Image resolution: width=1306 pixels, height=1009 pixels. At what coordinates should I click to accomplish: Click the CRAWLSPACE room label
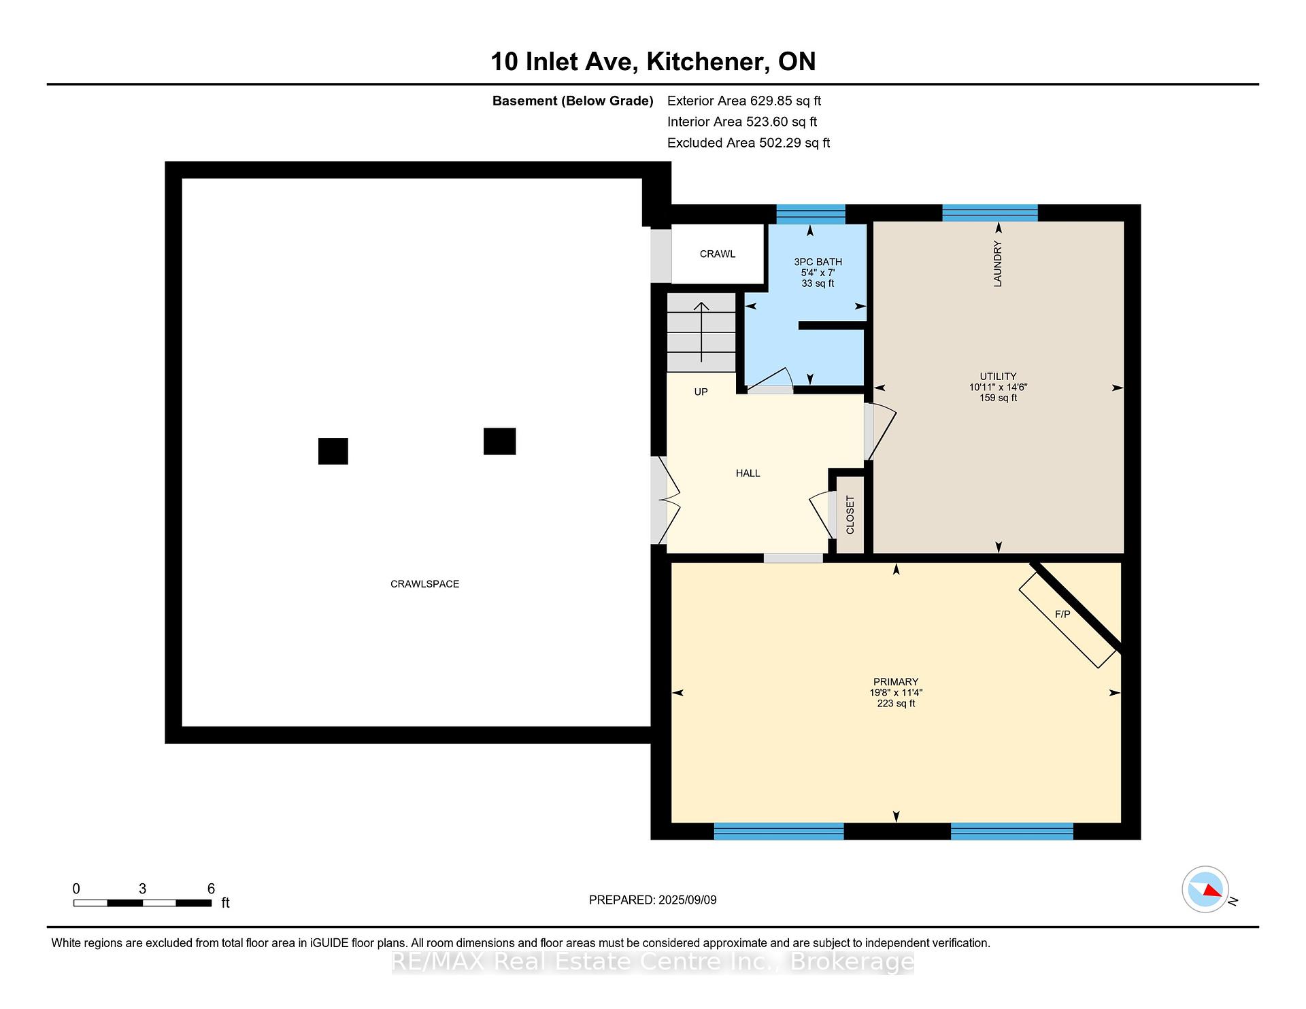[x=424, y=584]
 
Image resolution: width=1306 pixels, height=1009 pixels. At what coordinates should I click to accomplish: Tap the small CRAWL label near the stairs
[x=718, y=254]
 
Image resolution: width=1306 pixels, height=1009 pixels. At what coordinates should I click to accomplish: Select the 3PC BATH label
[x=818, y=262]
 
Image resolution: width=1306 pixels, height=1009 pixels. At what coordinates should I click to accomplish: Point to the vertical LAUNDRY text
[x=998, y=264]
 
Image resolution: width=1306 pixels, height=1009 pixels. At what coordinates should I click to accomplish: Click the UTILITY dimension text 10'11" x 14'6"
[x=998, y=387]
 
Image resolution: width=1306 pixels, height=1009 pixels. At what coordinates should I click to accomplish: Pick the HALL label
[x=748, y=473]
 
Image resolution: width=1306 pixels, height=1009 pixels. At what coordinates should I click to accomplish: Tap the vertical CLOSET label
[x=850, y=515]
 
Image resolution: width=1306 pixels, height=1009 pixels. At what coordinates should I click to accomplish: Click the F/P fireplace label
[x=1062, y=615]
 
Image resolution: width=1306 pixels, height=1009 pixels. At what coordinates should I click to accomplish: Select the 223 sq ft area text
[x=896, y=704]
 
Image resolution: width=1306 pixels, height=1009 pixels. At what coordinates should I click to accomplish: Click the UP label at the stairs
[x=701, y=392]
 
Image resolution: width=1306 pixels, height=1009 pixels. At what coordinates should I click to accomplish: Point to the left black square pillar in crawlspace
[x=333, y=451]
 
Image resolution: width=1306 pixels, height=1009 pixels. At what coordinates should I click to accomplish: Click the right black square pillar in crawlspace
[x=499, y=441]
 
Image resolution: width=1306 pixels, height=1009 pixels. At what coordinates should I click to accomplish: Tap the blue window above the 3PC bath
[x=811, y=214]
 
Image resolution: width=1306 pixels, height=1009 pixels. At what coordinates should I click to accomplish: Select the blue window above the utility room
[x=990, y=213]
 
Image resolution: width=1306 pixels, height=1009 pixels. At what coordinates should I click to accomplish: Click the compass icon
[x=1205, y=889]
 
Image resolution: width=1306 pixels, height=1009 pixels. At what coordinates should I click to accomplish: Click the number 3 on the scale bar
[x=142, y=889]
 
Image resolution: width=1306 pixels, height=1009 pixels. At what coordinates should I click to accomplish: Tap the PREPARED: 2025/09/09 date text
[x=652, y=900]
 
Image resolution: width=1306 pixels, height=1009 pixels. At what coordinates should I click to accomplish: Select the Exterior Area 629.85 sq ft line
[x=744, y=101]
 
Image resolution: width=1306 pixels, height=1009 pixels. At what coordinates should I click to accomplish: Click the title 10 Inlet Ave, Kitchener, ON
[x=653, y=61]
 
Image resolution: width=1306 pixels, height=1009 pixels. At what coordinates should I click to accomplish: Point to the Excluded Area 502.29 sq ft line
[x=748, y=143]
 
